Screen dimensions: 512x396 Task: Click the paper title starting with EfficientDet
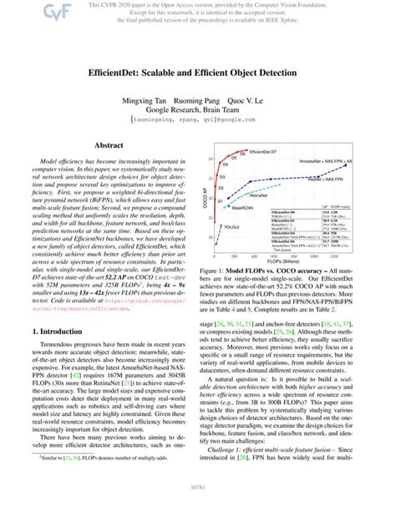tap(197, 74)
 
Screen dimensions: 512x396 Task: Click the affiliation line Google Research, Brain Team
tap(197, 109)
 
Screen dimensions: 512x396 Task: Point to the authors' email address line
tap(197, 120)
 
